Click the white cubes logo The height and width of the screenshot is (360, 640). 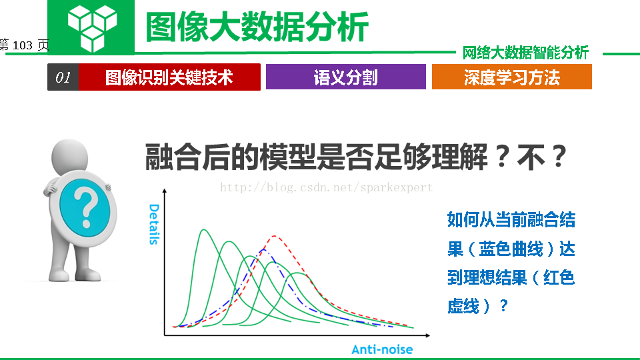92,29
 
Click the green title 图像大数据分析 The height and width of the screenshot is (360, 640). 257,27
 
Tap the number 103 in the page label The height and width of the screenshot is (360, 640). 23,45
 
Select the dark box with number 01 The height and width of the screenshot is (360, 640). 63,77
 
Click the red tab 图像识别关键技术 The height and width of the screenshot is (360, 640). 169,77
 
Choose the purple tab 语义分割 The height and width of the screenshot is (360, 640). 346,77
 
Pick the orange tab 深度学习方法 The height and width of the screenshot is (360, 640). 512,77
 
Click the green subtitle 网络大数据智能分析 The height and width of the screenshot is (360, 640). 525,53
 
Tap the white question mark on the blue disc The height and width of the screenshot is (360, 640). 86,209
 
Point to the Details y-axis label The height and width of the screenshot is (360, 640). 154,224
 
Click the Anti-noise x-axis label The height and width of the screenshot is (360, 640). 382,349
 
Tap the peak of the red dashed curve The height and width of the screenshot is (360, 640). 274,236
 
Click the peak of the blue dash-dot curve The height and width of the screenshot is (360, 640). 263,249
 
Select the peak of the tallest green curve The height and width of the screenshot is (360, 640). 203,230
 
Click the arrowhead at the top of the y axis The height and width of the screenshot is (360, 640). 165,191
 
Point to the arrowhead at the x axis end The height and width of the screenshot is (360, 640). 428,335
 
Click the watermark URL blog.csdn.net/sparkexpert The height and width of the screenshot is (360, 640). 326,187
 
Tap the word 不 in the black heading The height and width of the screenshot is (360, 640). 531,157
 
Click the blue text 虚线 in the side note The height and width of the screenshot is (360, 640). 463,306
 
